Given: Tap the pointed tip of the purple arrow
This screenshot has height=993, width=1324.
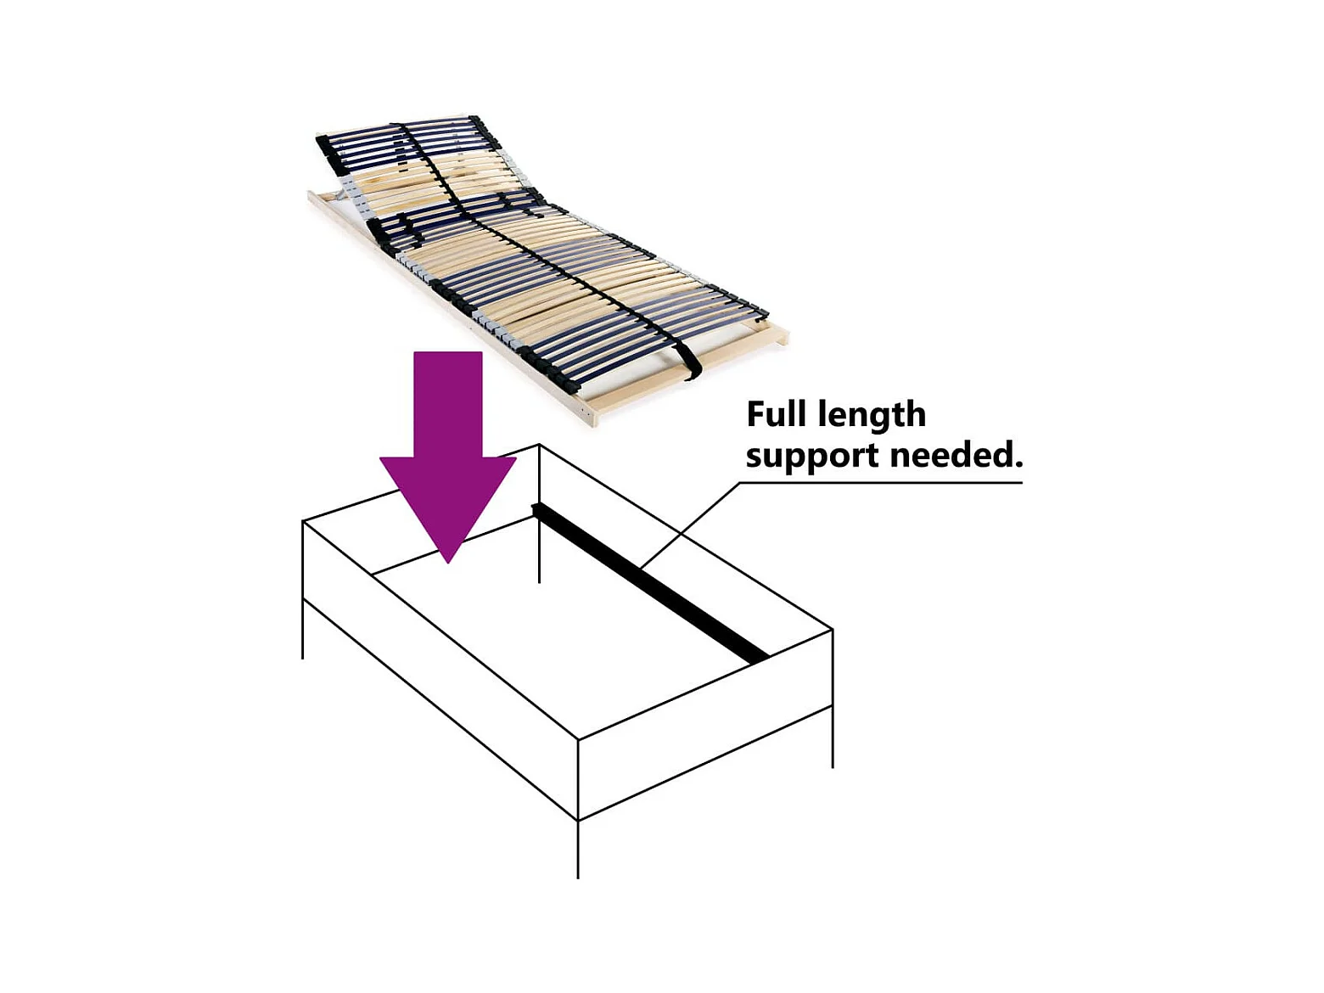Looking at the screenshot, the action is tap(448, 558).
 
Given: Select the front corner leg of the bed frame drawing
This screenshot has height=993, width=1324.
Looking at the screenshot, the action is tap(578, 849).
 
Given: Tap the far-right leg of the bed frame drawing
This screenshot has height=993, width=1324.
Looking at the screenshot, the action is tap(833, 738).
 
